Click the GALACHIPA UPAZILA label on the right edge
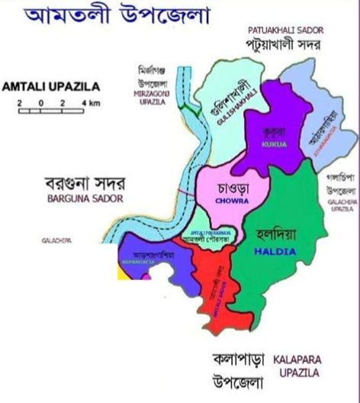(x=340, y=205)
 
